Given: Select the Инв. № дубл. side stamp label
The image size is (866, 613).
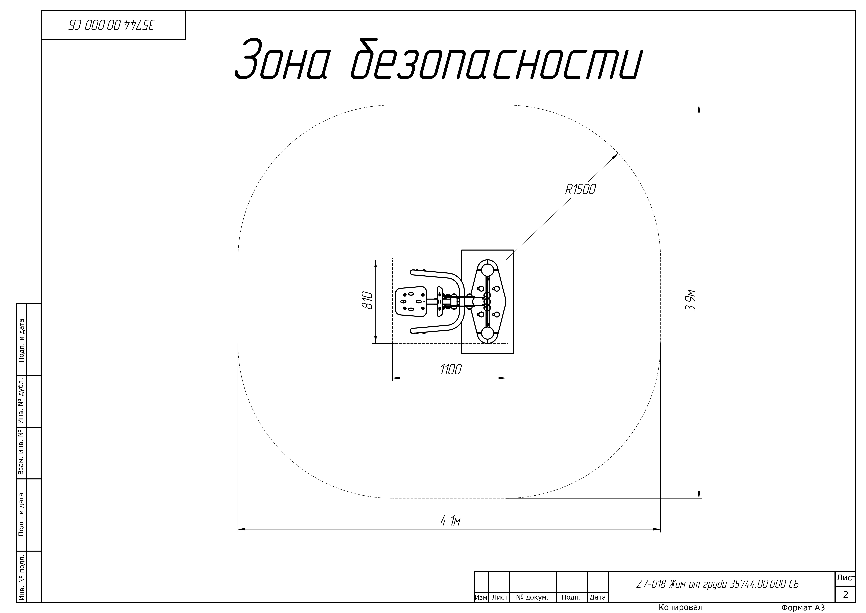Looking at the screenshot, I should click(21, 401).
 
